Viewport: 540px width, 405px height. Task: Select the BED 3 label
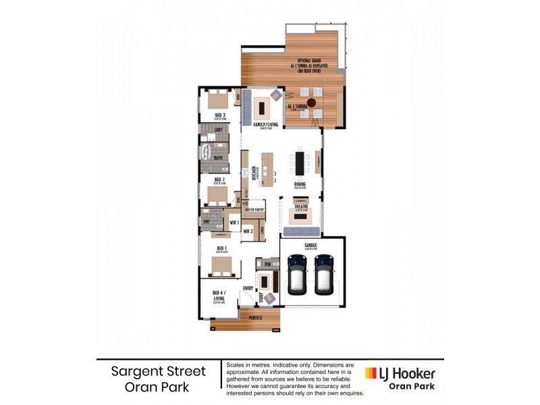pos(219,115)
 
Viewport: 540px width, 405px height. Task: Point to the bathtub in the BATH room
pos(205,153)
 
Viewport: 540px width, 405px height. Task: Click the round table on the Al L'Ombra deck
pos(311,103)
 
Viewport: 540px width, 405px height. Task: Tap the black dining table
pos(300,163)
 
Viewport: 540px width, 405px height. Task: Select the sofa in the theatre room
pos(301,232)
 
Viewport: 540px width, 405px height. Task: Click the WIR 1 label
pos(234,222)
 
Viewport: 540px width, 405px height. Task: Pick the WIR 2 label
pos(247,231)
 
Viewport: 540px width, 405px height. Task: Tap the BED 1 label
pos(221,248)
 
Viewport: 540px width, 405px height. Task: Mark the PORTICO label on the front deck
pos(254,317)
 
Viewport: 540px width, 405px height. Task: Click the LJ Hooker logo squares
pos(371,373)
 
